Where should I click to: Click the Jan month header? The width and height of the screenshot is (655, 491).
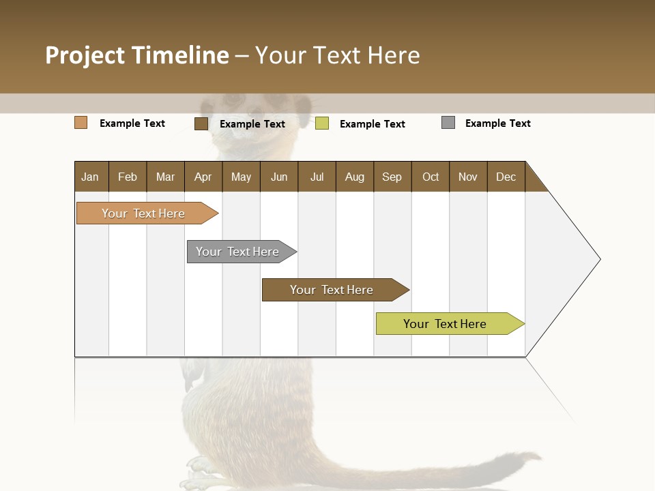91,177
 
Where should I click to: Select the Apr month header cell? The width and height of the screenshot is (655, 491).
203,177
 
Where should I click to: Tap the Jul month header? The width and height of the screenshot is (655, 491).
317,177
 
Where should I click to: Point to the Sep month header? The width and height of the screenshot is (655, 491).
392,177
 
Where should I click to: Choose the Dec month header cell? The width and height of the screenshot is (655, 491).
506,177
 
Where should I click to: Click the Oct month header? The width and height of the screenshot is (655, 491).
431,177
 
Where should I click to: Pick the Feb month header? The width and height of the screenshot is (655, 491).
128,177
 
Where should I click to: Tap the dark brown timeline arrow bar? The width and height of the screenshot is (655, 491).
332,290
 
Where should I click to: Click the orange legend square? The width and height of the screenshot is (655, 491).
81,123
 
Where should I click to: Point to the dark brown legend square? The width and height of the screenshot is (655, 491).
201,123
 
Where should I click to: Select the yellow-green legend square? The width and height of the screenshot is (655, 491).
322,123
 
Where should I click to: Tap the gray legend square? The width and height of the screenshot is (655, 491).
448,123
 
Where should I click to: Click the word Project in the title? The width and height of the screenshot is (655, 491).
85,55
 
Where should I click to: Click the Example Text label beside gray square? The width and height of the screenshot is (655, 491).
498,123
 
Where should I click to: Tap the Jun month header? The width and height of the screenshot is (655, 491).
279,177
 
